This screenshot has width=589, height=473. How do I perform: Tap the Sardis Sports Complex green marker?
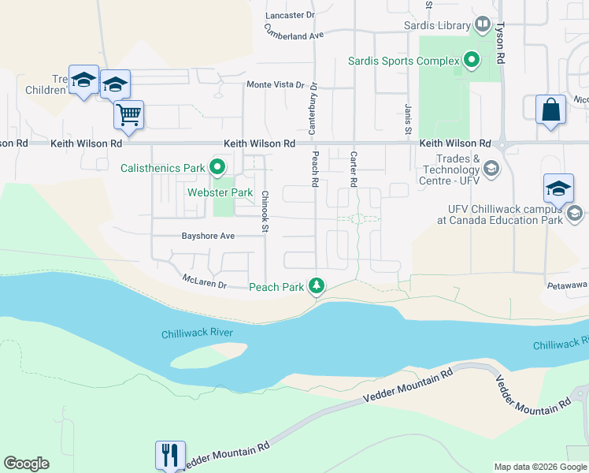click(472, 60)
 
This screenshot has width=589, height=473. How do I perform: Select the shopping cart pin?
click(128, 114)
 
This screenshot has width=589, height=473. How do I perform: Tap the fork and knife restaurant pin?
click(171, 455)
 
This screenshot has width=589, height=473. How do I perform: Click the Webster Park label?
click(220, 192)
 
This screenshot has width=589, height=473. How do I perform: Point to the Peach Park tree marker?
click(317, 286)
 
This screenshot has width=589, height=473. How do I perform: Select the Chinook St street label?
click(265, 212)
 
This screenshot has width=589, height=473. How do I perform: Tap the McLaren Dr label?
click(204, 281)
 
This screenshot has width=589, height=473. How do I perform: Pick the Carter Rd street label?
click(354, 169)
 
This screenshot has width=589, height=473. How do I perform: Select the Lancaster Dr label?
click(290, 15)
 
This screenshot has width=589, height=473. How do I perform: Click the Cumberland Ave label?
click(294, 32)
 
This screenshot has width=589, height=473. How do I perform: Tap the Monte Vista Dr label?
click(275, 84)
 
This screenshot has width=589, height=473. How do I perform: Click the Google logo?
click(26, 464)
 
